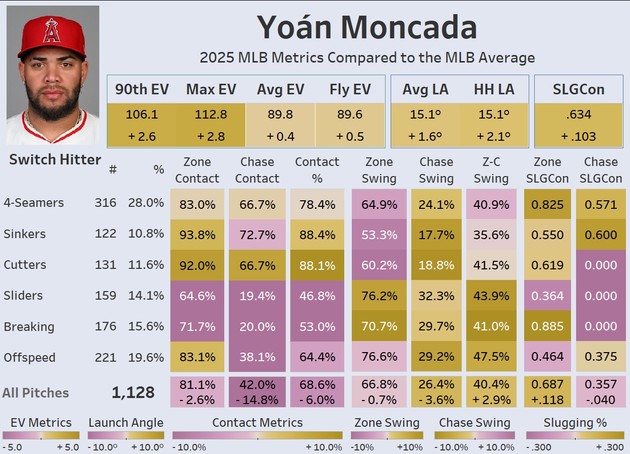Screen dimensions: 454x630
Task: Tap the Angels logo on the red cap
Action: [52, 31]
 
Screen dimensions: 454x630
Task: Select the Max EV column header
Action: [211, 89]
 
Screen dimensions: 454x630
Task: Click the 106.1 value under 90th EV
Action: [142, 115]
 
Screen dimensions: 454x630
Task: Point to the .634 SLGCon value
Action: [578, 115]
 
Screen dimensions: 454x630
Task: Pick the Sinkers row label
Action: [25, 234]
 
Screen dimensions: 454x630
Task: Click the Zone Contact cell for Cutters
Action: [197, 265]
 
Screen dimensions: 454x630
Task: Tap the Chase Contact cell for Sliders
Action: [257, 296]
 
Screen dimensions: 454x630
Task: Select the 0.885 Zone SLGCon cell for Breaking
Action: [547, 327]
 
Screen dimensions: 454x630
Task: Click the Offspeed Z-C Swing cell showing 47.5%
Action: [491, 358]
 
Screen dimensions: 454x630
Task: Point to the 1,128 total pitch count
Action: [133, 392]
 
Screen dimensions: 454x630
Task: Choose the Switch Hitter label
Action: [55, 160]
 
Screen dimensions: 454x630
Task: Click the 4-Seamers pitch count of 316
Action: [105, 203]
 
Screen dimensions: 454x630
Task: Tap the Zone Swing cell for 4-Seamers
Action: [379, 205]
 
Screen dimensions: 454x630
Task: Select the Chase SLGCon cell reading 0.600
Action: [601, 235]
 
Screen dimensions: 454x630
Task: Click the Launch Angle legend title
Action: [126, 423]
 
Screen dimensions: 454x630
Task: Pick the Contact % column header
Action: [317, 170]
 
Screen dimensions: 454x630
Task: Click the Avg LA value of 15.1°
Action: [425, 115]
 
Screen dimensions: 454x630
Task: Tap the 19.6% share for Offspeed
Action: [146, 358]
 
